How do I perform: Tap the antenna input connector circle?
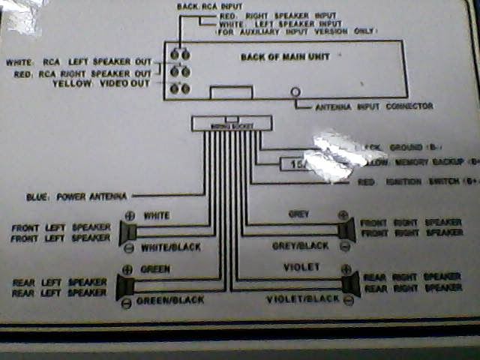coord(296,92)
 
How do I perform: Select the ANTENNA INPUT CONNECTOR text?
coord(373,106)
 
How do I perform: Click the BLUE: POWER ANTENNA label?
coord(76,196)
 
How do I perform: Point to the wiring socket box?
coord(232,124)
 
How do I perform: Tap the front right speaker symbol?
coord(346,230)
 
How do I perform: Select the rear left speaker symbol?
coord(125,286)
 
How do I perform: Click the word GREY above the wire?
coord(298,214)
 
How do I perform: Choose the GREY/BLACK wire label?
coord(300,246)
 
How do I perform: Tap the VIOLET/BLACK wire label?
coord(303,299)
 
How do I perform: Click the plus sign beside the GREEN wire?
coord(127,269)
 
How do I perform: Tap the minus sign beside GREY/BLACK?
coord(344,246)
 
